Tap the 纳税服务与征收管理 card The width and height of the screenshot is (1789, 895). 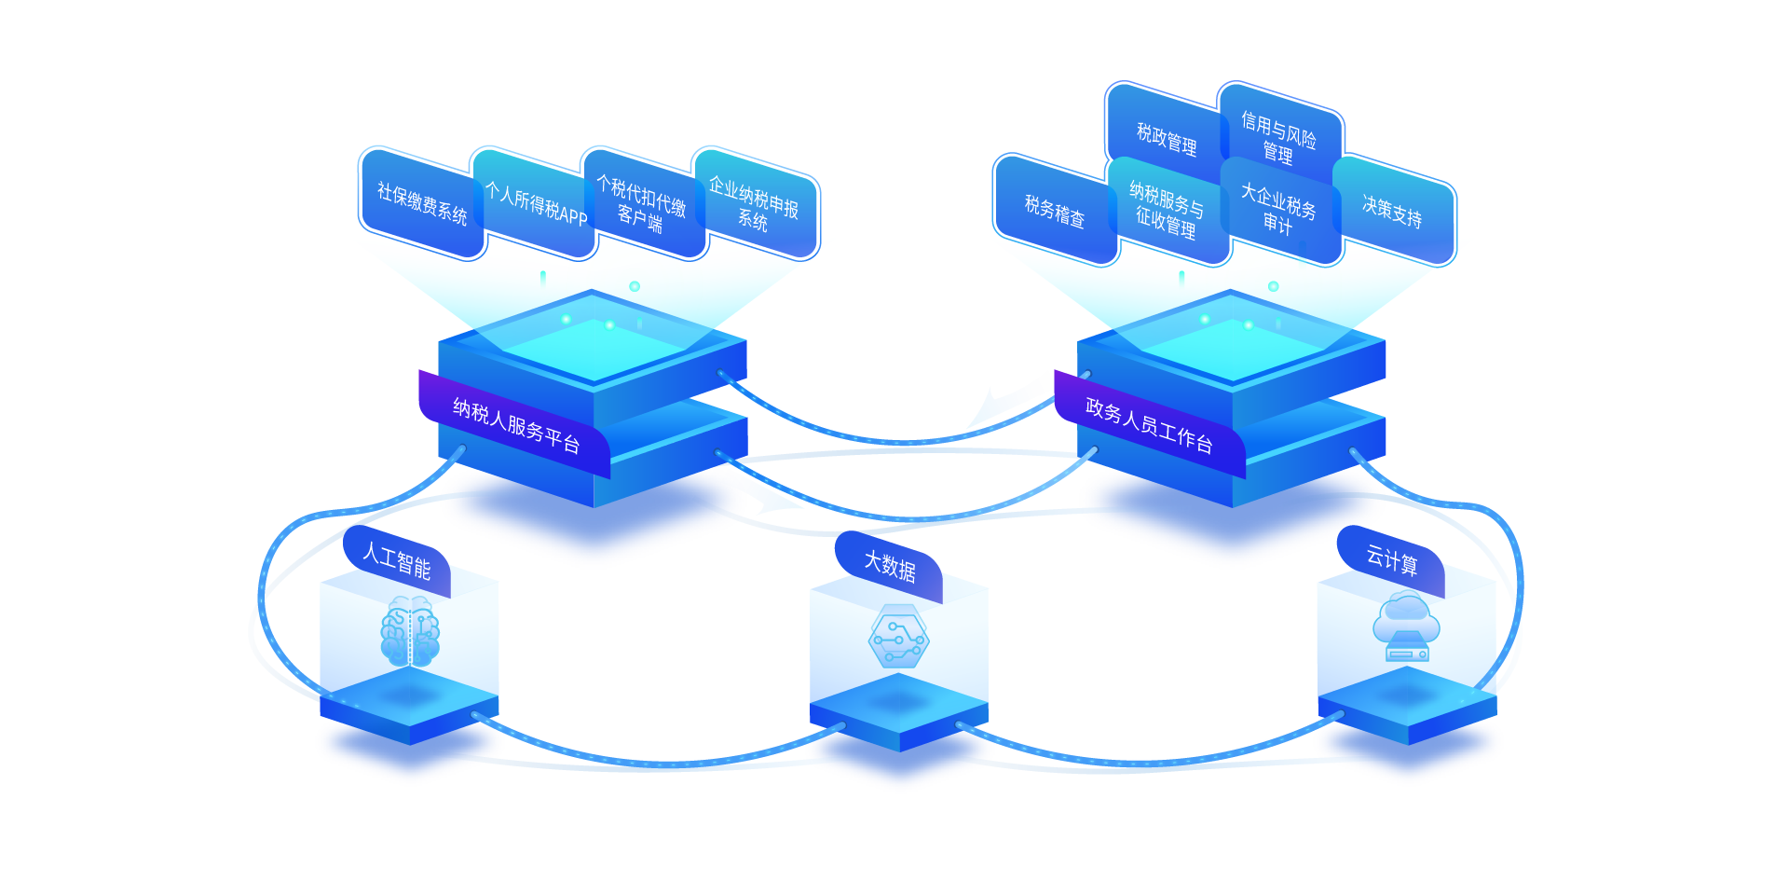tap(1166, 211)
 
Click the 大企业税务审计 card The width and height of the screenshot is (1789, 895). tap(1277, 209)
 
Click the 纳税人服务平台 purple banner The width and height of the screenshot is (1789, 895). tap(515, 424)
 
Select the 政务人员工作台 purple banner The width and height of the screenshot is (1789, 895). tap(1149, 424)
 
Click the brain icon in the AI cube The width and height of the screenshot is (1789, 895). tap(410, 631)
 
